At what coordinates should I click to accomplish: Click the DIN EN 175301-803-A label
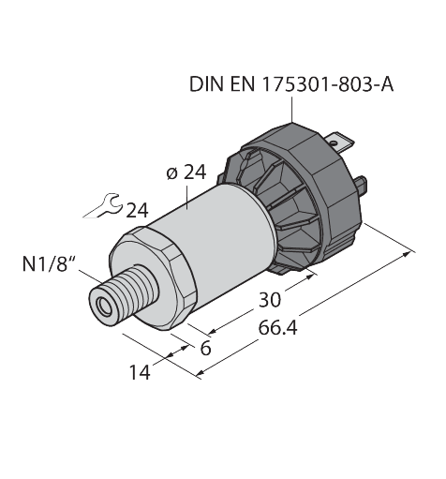tap(291, 85)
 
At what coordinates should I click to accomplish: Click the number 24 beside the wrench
tap(137, 209)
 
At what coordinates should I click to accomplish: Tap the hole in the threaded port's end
tap(99, 303)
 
